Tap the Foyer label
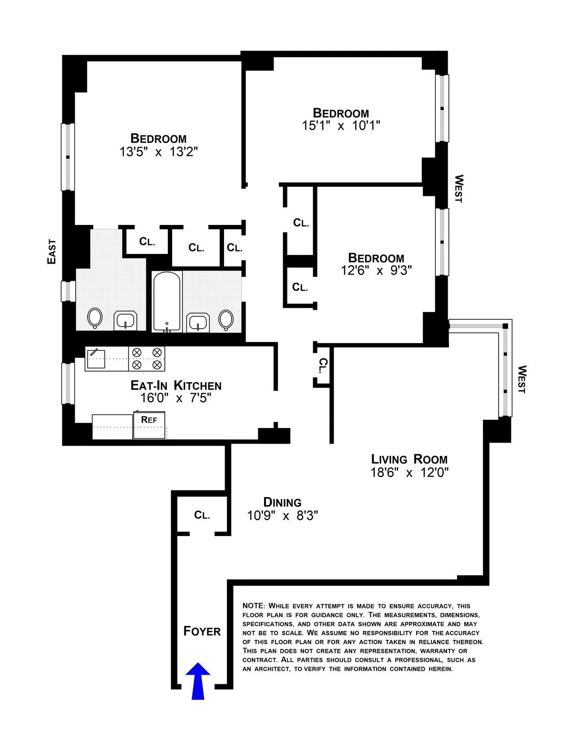pos(202,631)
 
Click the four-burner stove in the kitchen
pos(147,359)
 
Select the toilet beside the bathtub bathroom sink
pos(226,319)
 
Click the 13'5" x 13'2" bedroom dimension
pos(158,152)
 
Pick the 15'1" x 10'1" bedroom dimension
pos(341,125)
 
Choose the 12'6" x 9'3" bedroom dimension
pos(376,270)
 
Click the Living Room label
pos(409,459)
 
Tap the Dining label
pos(282,502)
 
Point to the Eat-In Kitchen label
pos(176,385)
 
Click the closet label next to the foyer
pos(202,515)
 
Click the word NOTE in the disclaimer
pos(253,606)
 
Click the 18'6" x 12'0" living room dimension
pos(409,473)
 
